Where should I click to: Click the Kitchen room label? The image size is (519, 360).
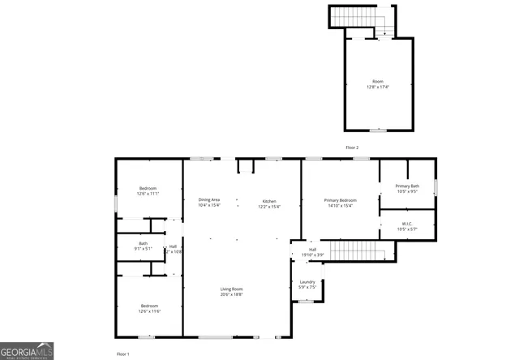pyautogui.click(x=269, y=200)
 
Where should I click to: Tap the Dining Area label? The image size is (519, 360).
pyautogui.click(x=209, y=200)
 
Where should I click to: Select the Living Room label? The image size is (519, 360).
pyautogui.click(x=232, y=289)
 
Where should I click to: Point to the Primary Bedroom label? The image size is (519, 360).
pyautogui.click(x=340, y=200)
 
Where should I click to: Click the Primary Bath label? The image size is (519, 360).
pyautogui.click(x=407, y=186)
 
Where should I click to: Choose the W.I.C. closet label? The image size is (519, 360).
pyautogui.click(x=407, y=224)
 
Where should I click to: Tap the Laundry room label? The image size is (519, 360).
pyautogui.click(x=307, y=281)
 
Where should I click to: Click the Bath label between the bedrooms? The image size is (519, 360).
pyautogui.click(x=143, y=243)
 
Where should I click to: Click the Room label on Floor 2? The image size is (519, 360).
pyautogui.click(x=378, y=81)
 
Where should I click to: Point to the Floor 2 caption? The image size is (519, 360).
pyautogui.click(x=351, y=148)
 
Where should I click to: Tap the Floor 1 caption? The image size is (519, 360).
pyautogui.click(x=122, y=354)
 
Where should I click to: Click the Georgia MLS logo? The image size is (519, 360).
pyautogui.click(x=27, y=350)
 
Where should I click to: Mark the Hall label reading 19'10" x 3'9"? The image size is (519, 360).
pyautogui.click(x=312, y=252)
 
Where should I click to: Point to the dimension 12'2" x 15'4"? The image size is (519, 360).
pyautogui.click(x=269, y=206)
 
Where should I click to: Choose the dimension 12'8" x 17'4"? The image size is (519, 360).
pyautogui.click(x=378, y=87)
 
